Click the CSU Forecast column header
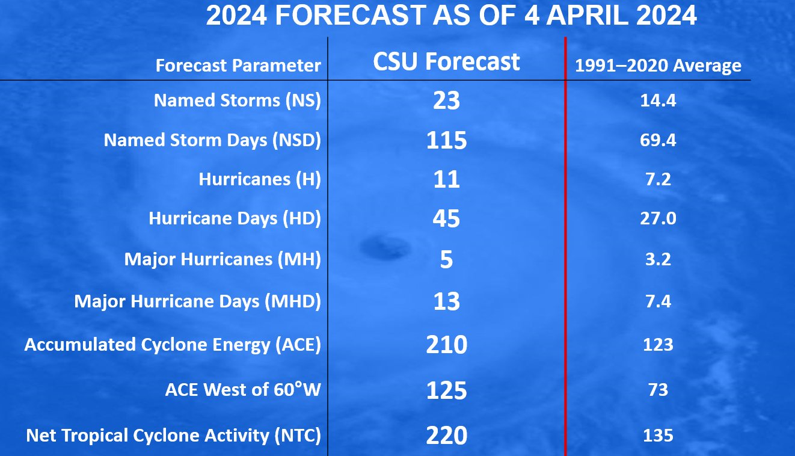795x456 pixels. coord(446,61)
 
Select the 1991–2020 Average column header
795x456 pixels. coord(658,66)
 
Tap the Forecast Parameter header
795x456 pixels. coord(238,66)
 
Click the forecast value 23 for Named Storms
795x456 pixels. coord(446,100)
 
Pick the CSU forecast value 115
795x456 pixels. coord(446,140)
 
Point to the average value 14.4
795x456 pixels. coord(658,100)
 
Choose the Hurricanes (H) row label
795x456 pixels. coord(260,179)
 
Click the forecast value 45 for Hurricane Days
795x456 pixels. coord(446,218)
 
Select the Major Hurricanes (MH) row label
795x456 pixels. coord(223,259)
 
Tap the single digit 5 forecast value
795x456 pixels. coord(446,259)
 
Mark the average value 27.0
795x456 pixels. coord(658,218)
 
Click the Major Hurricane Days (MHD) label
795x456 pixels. coord(197,301)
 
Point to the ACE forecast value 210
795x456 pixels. coord(446,345)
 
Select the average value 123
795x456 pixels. coord(658,345)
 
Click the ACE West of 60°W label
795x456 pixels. coord(243,389)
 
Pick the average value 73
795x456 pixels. coord(658,390)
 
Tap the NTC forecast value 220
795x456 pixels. coord(446,436)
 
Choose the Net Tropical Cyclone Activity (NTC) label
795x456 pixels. coord(173,436)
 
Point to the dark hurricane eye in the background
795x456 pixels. coord(385,247)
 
